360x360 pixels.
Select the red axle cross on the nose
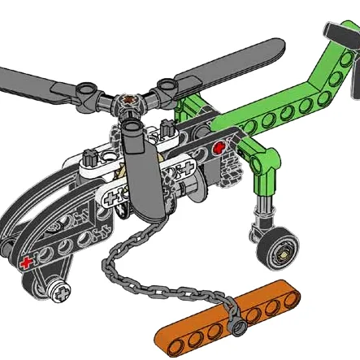click(28, 262)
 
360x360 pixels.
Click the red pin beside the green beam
click(218, 148)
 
